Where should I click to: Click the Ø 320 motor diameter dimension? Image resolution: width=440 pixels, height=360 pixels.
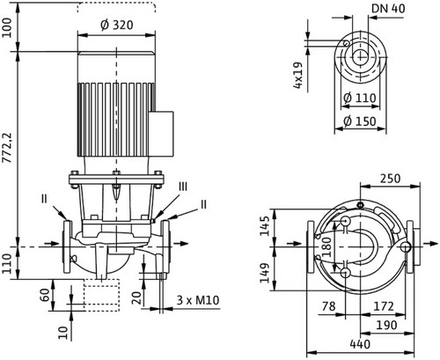tap(117, 25)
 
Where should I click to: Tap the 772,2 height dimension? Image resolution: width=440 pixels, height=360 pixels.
tap(7, 148)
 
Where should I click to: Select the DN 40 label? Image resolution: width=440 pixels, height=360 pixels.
tap(388, 9)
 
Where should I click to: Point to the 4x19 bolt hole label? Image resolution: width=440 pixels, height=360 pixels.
tap(297, 75)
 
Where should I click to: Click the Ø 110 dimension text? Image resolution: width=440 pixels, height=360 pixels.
tap(360, 98)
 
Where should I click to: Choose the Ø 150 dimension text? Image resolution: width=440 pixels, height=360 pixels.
tap(360, 121)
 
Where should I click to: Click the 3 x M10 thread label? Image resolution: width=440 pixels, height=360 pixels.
tap(198, 300)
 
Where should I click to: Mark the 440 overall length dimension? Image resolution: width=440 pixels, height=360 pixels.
tap(360, 344)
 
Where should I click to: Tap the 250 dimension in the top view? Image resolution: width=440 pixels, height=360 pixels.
tap(390, 179)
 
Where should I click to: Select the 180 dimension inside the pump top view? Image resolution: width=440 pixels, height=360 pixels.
tap(326, 247)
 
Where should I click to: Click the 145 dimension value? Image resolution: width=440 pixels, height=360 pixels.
tap(265, 226)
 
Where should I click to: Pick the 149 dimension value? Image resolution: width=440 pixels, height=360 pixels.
tap(265, 273)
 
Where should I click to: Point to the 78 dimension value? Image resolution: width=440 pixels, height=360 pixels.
tap(328, 306)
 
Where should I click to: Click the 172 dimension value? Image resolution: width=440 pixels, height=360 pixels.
tap(384, 306)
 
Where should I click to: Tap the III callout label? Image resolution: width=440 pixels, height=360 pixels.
tap(183, 187)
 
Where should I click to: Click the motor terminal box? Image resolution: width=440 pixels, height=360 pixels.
tap(161, 133)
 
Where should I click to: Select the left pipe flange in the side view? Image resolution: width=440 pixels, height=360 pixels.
tap(67, 246)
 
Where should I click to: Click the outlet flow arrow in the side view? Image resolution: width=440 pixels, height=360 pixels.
tap(180, 243)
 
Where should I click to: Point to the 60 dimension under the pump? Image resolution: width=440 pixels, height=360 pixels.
tap(45, 295)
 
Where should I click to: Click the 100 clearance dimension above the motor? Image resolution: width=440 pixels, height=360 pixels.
tap(7, 27)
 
